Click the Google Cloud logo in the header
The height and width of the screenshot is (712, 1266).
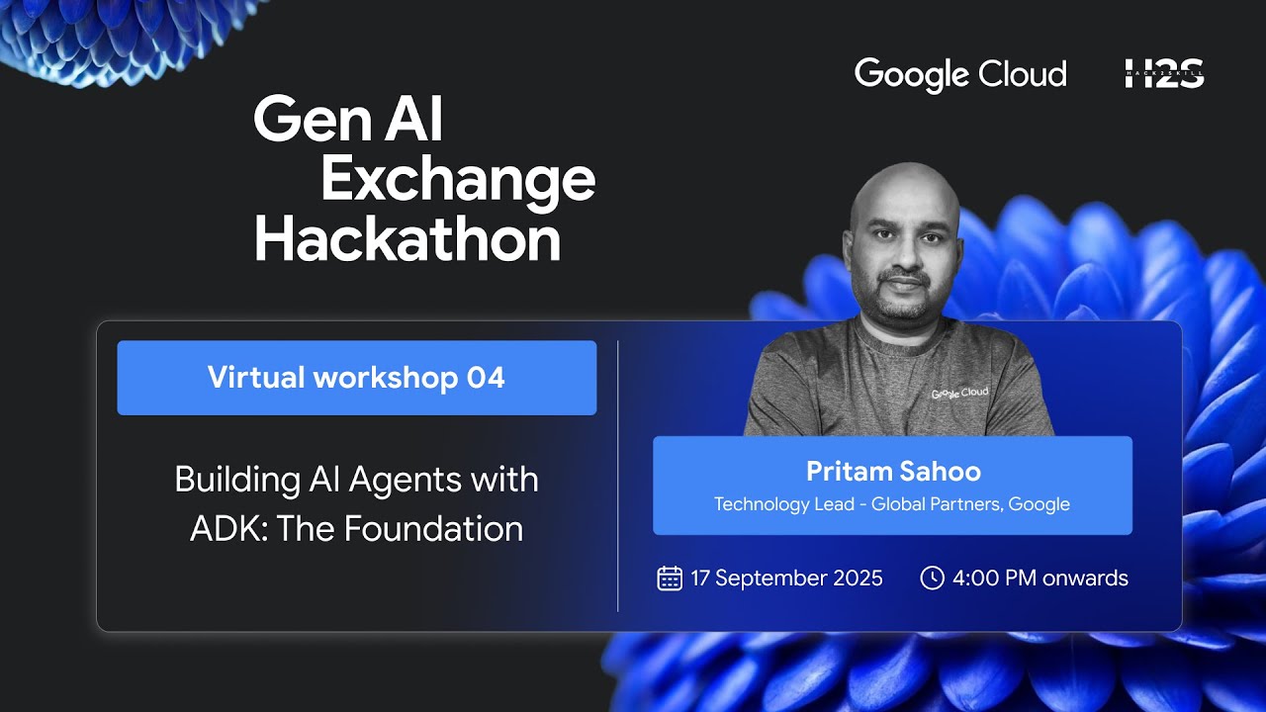960,74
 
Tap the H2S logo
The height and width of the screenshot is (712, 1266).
1164,74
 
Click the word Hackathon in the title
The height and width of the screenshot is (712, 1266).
407,240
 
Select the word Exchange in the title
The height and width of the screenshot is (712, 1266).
458,181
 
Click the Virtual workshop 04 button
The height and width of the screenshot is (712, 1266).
356,378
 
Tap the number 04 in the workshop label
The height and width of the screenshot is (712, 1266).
486,378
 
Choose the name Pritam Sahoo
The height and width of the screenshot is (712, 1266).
893,472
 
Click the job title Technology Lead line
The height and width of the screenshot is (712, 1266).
892,504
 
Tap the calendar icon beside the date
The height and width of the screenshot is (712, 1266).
670,578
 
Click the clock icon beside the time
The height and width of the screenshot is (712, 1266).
932,578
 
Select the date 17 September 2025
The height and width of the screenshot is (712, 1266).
786,578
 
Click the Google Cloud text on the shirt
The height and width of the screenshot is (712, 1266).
959,393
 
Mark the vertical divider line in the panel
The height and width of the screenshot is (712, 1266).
618,475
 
